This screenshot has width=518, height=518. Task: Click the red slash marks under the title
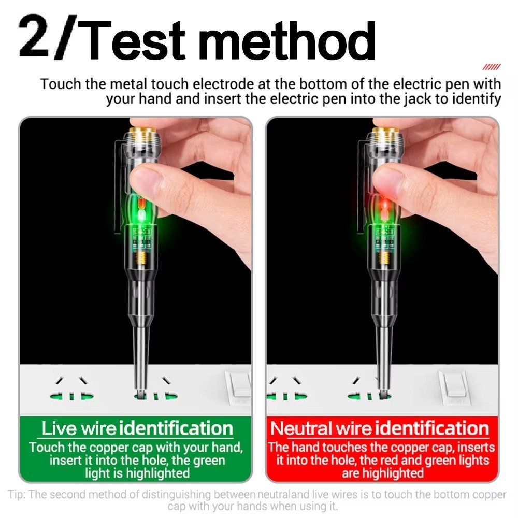(x=492, y=67)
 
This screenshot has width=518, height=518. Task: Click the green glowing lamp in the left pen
(x=141, y=211)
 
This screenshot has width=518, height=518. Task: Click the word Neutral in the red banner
(x=301, y=428)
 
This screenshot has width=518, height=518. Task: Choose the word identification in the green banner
(x=176, y=428)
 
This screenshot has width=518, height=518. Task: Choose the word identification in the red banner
(x=432, y=428)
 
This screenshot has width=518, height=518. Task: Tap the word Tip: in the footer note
(x=17, y=495)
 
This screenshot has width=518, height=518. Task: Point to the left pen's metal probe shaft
(x=141, y=357)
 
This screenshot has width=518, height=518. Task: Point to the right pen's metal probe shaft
(x=384, y=357)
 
